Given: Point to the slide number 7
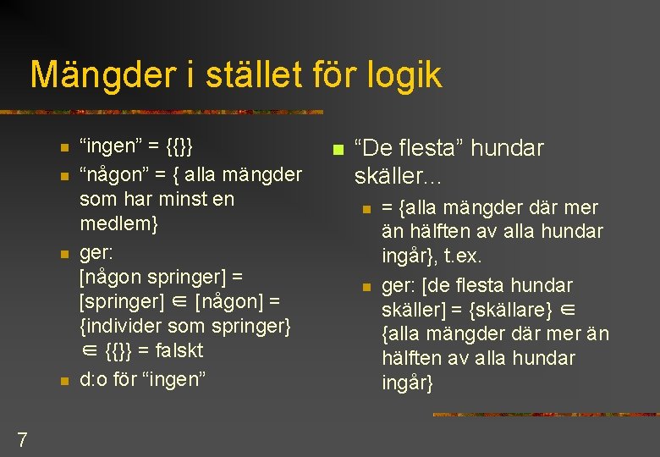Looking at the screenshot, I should (22, 439).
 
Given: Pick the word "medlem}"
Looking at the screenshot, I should (118, 224).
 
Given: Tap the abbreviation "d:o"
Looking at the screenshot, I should (94, 379).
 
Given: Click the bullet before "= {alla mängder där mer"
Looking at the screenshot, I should (366, 209).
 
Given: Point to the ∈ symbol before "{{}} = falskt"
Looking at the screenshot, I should (89, 350).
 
